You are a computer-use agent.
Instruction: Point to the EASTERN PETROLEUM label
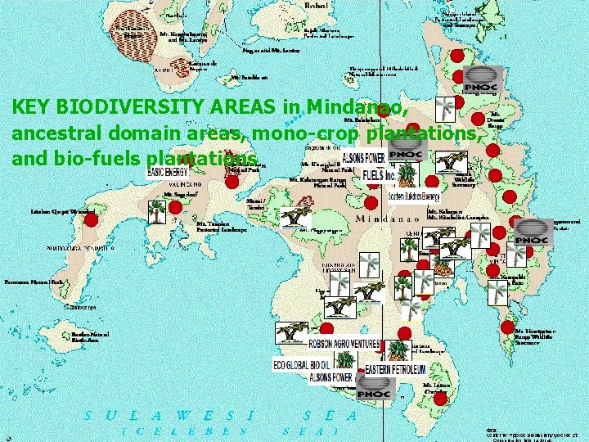pyautogui.click(x=398, y=370)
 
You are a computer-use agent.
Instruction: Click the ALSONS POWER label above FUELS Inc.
pyautogui.click(x=363, y=158)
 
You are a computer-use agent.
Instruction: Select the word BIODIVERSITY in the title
pyautogui.click(x=115, y=107)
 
